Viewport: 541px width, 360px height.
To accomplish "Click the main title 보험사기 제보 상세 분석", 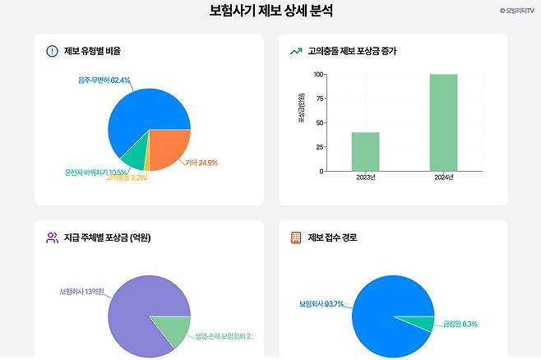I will [x=270, y=12].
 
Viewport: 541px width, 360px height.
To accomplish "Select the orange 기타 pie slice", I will [x=169, y=148].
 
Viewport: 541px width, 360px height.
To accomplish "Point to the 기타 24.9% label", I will [x=201, y=163].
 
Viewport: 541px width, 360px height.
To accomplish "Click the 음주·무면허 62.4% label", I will [x=104, y=81].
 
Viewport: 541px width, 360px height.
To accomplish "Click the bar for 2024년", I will [x=443, y=122].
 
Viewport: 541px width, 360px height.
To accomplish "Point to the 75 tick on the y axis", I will [x=318, y=99].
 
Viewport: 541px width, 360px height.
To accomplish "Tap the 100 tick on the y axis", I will [x=317, y=74].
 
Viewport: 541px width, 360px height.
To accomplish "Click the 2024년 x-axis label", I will [x=443, y=178].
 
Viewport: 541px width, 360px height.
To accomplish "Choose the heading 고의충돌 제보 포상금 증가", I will [x=352, y=51].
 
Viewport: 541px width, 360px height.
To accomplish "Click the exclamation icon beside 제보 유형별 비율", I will [x=52, y=51].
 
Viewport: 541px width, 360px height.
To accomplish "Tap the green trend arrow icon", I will [x=296, y=51].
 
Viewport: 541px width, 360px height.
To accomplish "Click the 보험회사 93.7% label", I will [x=321, y=304].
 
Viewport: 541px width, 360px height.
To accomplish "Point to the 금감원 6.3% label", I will [x=460, y=324].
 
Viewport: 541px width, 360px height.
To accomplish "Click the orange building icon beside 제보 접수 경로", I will [x=296, y=238].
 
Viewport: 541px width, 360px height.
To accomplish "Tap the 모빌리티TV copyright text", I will [x=516, y=11].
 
